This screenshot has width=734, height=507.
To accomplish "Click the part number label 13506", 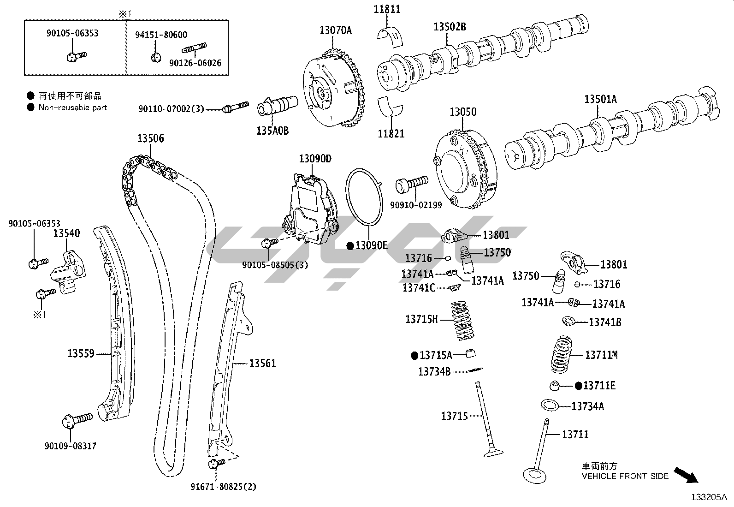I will click(150, 138).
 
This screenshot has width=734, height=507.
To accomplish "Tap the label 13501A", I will click(600, 99).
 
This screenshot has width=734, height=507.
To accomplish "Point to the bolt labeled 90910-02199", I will click(412, 185).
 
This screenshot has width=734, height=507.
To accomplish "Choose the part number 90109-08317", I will click(71, 446).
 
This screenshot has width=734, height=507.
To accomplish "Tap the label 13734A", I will click(587, 406).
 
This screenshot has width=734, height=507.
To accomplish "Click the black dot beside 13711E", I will click(579, 386).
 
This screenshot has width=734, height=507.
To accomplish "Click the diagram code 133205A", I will click(708, 497).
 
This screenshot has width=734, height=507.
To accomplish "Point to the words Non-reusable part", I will click(73, 107).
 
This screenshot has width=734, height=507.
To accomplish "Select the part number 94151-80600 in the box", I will click(161, 35).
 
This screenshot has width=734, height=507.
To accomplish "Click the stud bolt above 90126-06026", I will click(195, 48).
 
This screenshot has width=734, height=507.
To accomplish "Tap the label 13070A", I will click(336, 31).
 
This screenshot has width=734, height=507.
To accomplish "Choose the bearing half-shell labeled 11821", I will click(391, 106).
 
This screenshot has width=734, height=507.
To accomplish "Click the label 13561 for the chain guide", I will click(262, 364).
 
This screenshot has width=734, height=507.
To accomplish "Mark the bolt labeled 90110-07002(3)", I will click(235, 107).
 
